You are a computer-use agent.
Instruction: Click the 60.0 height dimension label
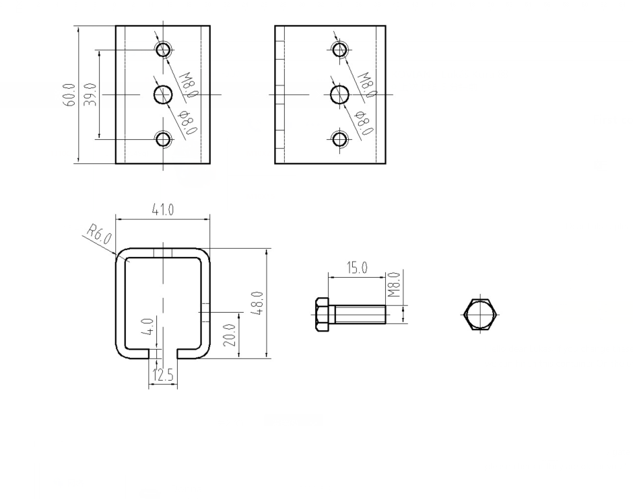pos(69,94)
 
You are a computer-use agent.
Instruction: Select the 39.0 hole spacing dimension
pos(92,95)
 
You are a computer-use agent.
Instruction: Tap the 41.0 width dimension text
pos(162,210)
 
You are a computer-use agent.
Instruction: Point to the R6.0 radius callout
pos(98,237)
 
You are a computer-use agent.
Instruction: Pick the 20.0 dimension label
pos(229,335)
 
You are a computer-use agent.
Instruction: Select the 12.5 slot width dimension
pos(162,375)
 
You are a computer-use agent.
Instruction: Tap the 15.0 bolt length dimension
pos(357,268)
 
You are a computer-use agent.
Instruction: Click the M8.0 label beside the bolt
pos(395,284)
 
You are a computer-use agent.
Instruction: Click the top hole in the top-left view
pos(163,49)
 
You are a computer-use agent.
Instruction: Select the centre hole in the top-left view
pos(163,95)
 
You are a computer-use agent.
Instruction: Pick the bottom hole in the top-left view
pos(163,139)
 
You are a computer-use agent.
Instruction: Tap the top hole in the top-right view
pos(340,49)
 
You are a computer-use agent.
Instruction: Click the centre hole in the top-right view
pos(340,95)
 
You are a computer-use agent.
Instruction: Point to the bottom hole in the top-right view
pos(340,139)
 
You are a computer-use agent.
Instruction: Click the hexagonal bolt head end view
pos(480,314)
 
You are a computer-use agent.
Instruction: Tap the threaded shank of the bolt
pos(360,314)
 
